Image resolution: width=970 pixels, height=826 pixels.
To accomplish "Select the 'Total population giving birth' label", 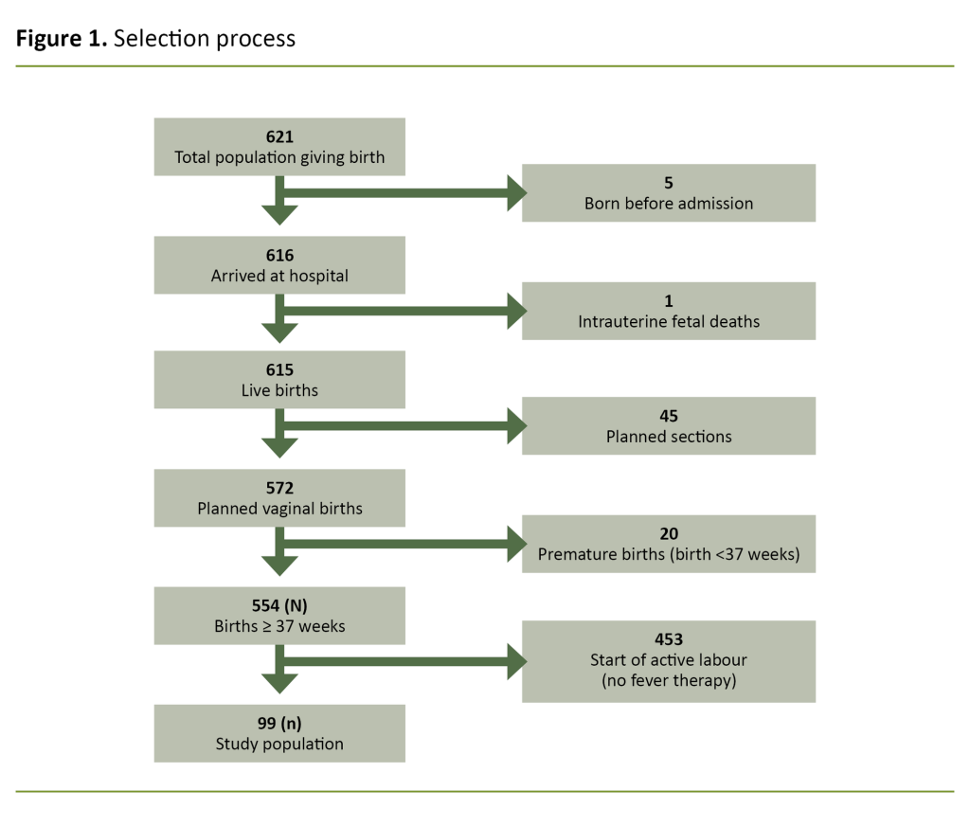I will [279, 157].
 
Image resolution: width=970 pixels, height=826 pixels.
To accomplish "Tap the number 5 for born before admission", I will [668, 183].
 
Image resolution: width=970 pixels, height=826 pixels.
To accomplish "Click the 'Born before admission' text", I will [668, 203].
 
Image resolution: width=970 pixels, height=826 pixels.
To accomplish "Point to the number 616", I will [279, 256].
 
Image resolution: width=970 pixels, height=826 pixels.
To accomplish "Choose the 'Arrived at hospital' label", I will [279, 276].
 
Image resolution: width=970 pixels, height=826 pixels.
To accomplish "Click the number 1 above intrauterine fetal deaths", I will [668, 301].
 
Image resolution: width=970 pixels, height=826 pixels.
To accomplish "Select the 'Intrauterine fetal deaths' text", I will [668, 321].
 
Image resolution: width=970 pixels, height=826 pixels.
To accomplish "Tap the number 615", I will [279, 370].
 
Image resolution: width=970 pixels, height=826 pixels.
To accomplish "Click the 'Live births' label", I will [279, 390].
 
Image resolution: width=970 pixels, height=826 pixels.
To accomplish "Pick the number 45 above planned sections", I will [668, 416].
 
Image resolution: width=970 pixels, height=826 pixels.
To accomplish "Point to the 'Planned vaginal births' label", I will [279, 508].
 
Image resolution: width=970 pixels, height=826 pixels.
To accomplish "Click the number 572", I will [279, 488].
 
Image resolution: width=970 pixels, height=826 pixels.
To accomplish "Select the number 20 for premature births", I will [668, 534].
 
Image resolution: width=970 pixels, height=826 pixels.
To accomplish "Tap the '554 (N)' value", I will [279, 605].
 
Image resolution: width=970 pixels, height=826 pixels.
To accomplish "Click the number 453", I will [668, 640].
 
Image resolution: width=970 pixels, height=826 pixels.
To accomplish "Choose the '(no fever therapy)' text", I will [668, 680].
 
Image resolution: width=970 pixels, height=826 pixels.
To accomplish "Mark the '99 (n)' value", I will [279, 724].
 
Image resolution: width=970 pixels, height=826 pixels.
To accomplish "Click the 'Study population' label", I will [279, 744].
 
